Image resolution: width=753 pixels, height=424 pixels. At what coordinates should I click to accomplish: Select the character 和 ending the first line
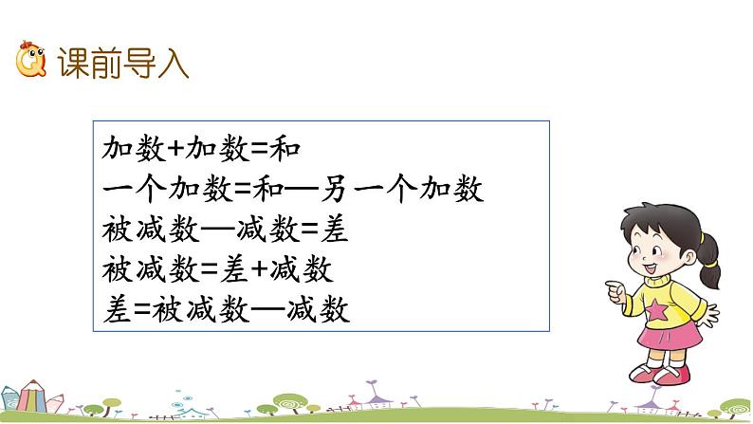coord(285,149)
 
